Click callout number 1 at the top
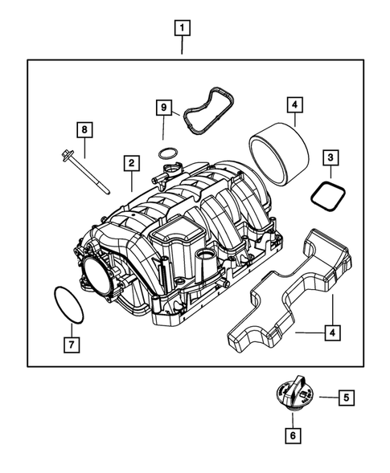(183, 30)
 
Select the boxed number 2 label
(129, 163)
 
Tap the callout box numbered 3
(330, 157)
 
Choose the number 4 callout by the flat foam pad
(330, 332)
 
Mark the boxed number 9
(162, 107)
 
